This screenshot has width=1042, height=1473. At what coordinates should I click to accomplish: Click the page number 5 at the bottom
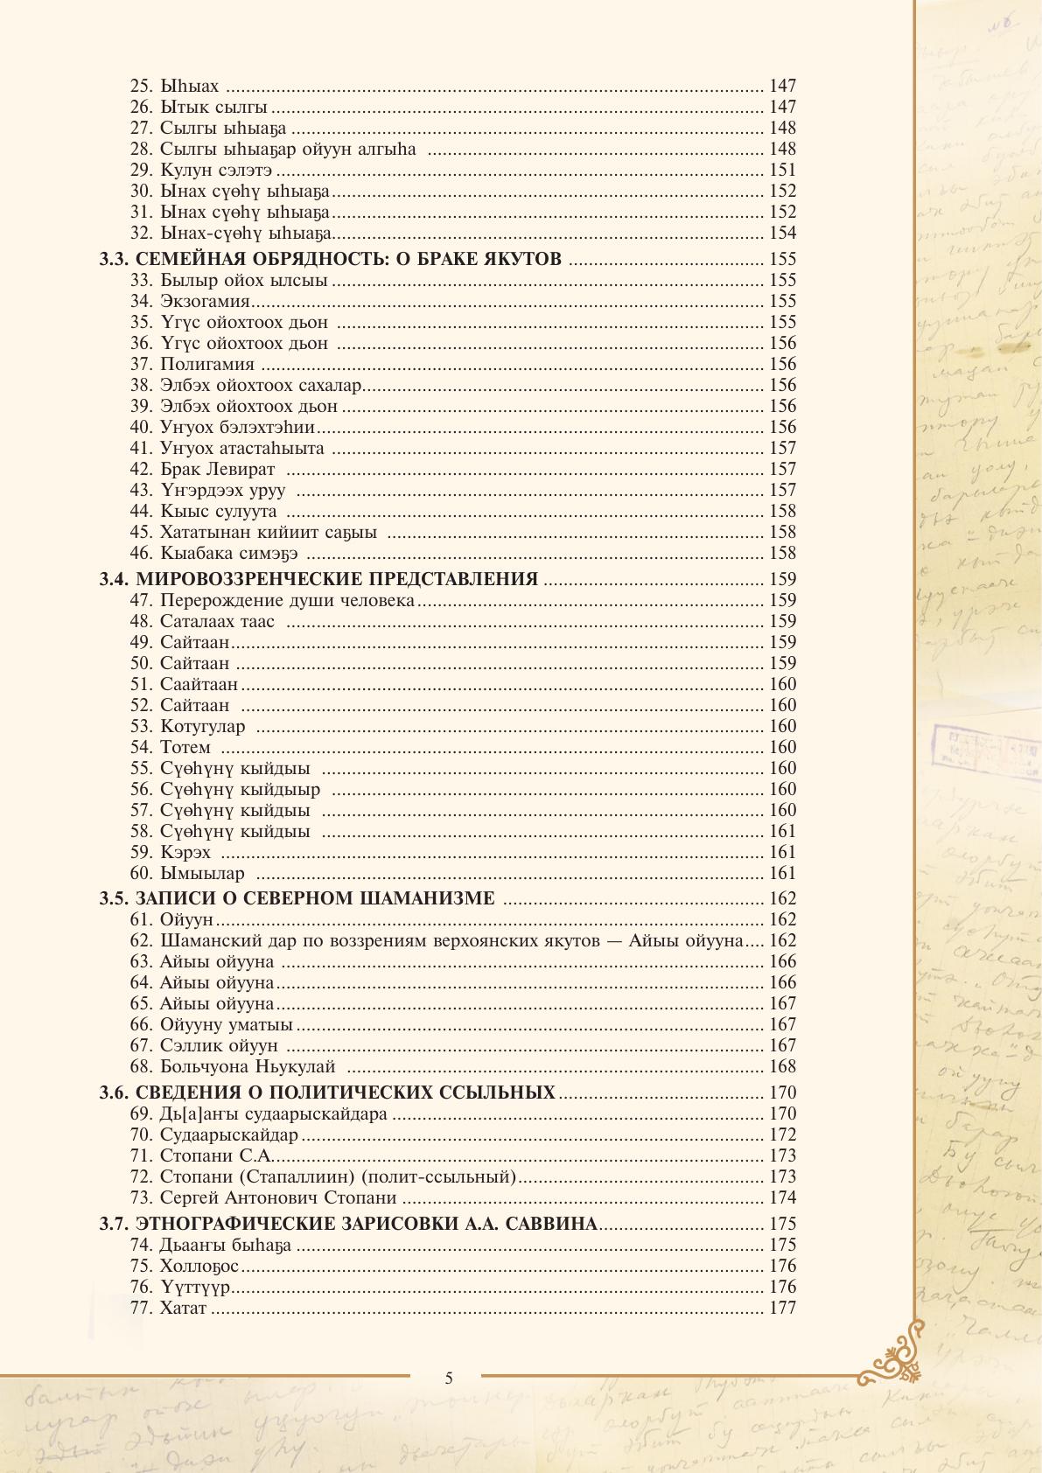pyautogui.click(x=449, y=1379)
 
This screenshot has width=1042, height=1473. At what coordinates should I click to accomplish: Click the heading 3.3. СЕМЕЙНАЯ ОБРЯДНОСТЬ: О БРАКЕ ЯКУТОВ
pyautogui.click(x=331, y=259)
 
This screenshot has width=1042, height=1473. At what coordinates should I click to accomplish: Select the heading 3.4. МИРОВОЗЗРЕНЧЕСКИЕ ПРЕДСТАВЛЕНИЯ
pyautogui.click(x=318, y=579)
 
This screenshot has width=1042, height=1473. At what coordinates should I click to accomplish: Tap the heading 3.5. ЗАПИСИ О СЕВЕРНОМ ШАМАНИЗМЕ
pyautogui.click(x=297, y=898)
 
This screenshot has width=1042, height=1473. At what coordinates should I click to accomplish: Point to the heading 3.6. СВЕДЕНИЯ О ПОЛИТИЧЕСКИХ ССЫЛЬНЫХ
pyautogui.click(x=327, y=1093)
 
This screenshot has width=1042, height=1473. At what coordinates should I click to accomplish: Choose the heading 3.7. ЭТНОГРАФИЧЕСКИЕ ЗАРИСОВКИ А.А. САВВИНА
pyautogui.click(x=348, y=1224)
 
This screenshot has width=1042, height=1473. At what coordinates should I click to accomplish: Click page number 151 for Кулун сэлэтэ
pyautogui.click(x=782, y=170)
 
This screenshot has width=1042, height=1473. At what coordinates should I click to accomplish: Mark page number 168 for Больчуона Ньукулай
pyautogui.click(x=782, y=1066)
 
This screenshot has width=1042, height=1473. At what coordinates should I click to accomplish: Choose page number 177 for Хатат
pyautogui.click(x=782, y=1308)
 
